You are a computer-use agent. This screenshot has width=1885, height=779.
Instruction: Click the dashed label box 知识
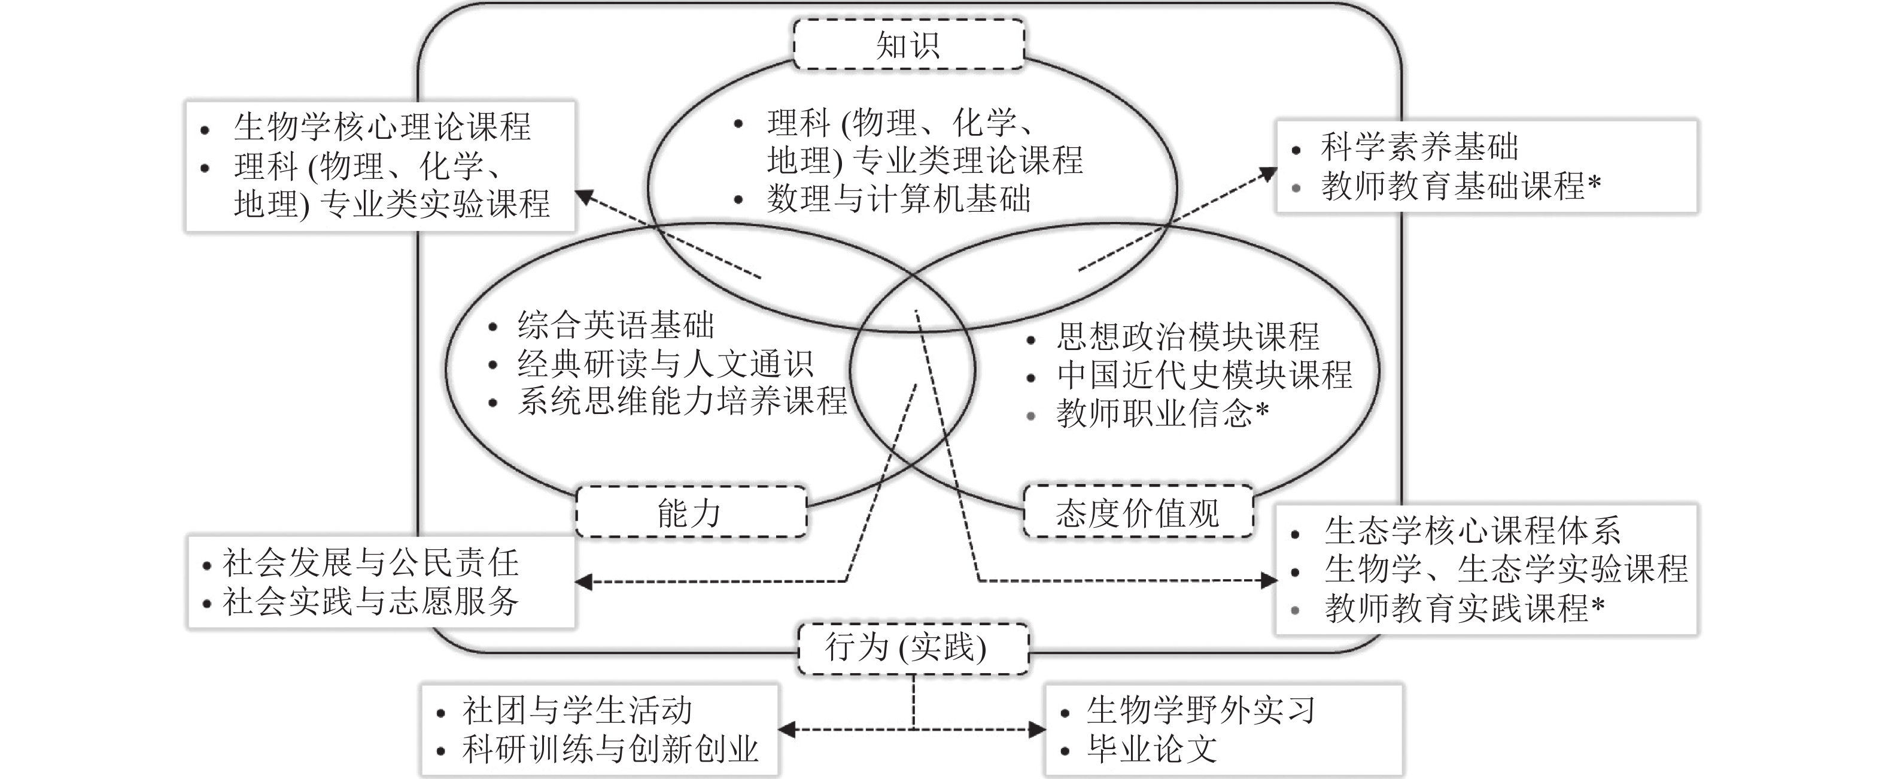(908, 45)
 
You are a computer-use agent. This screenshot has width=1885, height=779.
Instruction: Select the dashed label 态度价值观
(1137, 512)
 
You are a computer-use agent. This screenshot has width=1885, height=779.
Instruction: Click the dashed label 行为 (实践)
(913, 648)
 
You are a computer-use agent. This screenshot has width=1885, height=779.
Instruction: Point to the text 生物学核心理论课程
(382, 126)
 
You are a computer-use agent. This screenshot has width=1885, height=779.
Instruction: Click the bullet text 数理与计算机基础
(899, 198)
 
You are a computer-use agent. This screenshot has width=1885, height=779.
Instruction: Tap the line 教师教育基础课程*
(1461, 186)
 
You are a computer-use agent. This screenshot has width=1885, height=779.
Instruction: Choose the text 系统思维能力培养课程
(682, 401)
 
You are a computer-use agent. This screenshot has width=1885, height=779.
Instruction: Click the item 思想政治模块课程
(1188, 336)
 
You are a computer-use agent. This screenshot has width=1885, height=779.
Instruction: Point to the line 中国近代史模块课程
(1205, 375)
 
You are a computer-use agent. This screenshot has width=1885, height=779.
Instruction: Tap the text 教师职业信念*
(1162, 414)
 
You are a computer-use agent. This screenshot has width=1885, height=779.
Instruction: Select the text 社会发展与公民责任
(371, 563)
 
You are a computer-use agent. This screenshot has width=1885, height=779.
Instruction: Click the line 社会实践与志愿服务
(371, 601)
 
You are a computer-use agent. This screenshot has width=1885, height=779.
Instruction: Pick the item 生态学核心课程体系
(1473, 530)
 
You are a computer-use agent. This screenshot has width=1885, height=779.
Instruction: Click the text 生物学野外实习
(1202, 710)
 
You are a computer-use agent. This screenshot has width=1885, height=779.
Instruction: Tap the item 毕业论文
(1153, 748)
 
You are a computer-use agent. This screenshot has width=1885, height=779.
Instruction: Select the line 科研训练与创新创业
(610, 749)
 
